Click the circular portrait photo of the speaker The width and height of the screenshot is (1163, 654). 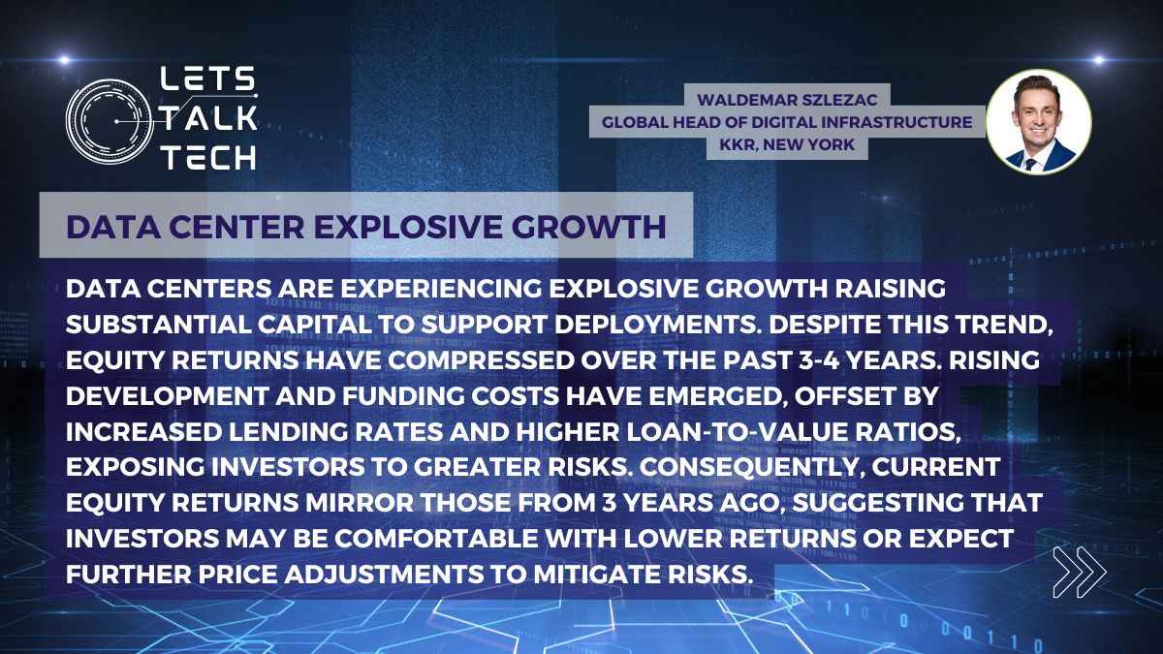click(x=1038, y=121)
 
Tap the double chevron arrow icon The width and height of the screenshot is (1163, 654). click(x=1080, y=572)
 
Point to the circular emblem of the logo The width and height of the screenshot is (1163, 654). click(x=109, y=121)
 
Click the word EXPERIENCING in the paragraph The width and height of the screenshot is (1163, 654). click(x=440, y=289)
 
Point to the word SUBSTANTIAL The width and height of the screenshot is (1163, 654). click(x=158, y=325)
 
